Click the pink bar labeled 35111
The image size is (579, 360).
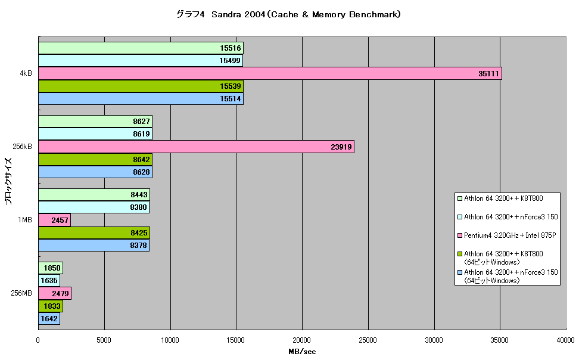click(270, 73)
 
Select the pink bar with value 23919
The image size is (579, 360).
click(196, 147)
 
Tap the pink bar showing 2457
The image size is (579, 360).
click(55, 220)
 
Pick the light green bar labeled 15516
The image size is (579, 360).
click(141, 48)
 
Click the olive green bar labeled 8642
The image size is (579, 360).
click(95, 159)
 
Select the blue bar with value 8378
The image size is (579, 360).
click(94, 245)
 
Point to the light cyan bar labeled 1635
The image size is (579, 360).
click(49, 281)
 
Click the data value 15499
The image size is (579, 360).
click(230, 61)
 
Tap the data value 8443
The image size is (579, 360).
click(139, 195)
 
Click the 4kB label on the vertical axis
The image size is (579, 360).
click(26, 73)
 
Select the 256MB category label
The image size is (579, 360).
click(21, 293)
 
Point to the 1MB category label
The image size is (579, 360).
click(25, 220)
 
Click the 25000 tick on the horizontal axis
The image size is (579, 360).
click(368, 340)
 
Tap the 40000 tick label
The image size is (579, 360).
click(565, 340)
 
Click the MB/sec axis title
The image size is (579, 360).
click(302, 352)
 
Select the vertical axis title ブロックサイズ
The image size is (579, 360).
click(8, 181)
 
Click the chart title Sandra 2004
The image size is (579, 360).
click(238, 14)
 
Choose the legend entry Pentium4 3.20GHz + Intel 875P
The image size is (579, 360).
click(510, 235)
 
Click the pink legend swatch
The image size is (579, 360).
click(460, 235)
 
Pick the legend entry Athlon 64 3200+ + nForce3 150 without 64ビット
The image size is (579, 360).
click(511, 217)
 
